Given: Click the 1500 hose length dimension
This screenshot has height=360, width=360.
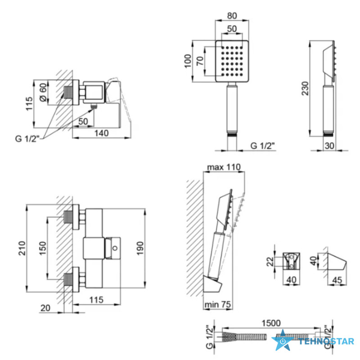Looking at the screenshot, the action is pos(271,323).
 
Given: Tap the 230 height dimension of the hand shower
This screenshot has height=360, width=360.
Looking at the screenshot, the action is pos(306,88).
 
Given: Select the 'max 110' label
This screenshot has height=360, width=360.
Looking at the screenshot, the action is pos(224,167).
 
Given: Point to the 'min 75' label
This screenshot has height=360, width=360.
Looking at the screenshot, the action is pos(217,305).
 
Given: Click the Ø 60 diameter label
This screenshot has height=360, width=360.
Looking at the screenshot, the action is pos(43,92).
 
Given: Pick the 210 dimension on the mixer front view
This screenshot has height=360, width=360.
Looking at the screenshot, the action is pos(22,248).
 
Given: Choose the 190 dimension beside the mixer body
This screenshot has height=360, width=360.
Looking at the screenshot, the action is pos(140,248).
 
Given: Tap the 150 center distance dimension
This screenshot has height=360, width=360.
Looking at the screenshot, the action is pos(43,248).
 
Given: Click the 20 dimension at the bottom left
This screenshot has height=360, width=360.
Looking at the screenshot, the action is pos(45,308).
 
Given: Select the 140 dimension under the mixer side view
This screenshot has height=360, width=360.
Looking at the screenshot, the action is pos(102,133).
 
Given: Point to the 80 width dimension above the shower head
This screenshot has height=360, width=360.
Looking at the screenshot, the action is pos(232,16).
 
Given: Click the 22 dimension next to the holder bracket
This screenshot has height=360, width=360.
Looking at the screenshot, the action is pos(270,261).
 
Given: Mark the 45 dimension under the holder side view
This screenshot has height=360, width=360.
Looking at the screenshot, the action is pos(337,280).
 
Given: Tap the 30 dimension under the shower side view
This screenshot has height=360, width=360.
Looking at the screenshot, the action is pos(329,145).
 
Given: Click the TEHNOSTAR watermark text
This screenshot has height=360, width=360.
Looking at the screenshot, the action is pos(326,342).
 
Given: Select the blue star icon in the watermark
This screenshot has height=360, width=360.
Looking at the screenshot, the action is pos(283,340).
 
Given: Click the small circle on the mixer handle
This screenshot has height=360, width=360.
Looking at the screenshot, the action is pos(115,248).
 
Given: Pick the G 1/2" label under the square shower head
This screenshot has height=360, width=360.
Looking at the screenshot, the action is pos(262,145).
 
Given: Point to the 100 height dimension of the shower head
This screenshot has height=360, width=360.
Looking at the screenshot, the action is pos(188,61).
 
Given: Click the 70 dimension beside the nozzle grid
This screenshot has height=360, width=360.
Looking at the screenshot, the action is pos(200,61).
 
